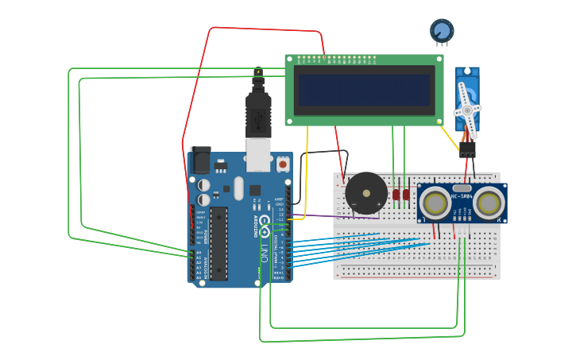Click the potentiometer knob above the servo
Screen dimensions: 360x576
tap(442, 31)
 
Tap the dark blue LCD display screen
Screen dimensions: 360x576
tap(365, 90)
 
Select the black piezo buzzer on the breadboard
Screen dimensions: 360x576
tap(366, 193)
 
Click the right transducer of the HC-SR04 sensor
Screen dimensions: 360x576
tap(487, 202)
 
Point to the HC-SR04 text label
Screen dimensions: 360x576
tap(462, 195)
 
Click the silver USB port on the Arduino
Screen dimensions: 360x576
tap(258, 156)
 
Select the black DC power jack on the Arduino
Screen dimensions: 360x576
tap(199, 161)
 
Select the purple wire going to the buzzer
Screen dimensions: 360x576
tap(334, 215)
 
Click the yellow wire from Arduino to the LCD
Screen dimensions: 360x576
tap(307, 183)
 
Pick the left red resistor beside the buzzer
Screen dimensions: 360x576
tap(396, 194)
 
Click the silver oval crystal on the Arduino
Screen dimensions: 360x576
tap(238, 188)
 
